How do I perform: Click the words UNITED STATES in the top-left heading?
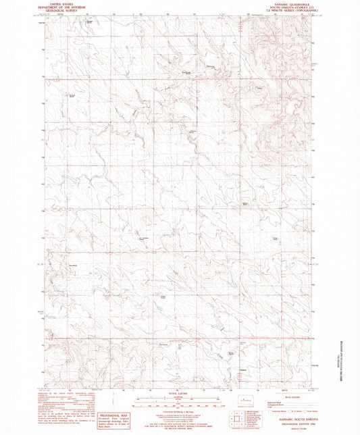(x=61, y=3)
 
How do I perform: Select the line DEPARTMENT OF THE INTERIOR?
(x=61, y=7)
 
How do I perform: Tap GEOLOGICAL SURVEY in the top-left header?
(x=61, y=11)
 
